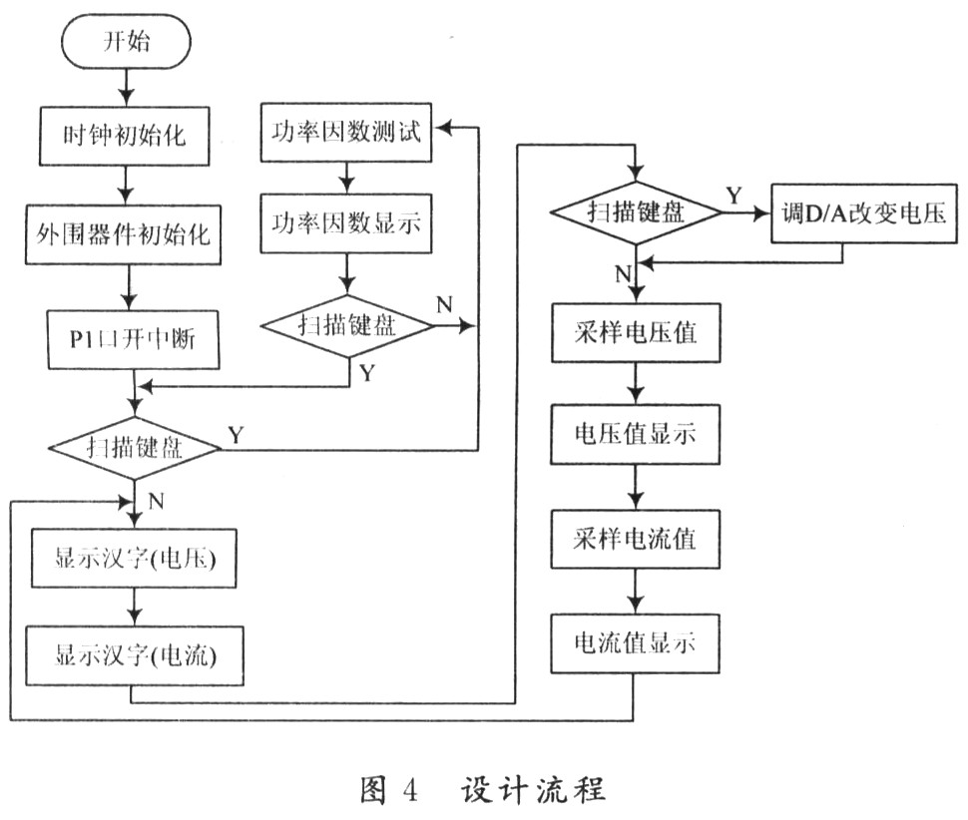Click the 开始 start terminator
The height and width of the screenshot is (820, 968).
pyautogui.click(x=126, y=41)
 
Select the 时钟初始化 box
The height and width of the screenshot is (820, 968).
pyautogui.click(x=124, y=136)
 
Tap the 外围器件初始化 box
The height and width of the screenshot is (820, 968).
pyautogui.click(x=123, y=234)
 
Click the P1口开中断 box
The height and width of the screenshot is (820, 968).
pyautogui.click(x=134, y=339)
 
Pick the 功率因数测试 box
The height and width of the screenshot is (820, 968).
pyautogui.click(x=345, y=133)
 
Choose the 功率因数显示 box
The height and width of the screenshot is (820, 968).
pyautogui.click(x=345, y=223)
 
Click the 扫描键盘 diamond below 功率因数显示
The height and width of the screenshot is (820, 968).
pyautogui.click(x=347, y=325)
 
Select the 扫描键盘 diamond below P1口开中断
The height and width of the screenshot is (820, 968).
pyautogui.click(x=135, y=449)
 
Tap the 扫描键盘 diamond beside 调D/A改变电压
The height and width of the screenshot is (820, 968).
pyautogui.click(x=636, y=212)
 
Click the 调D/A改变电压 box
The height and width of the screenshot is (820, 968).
pyautogui.click(x=863, y=213)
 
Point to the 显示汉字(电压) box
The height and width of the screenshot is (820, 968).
pyautogui.click(x=134, y=558)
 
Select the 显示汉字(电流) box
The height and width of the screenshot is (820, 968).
pyautogui.click(x=135, y=655)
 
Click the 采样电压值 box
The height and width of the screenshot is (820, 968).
pyautogui.click(x=636, y=332)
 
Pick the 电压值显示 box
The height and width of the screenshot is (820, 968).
pyautogui.click(x=636, y=434)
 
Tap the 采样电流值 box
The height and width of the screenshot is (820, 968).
pyautogui.click(x=636, y=539)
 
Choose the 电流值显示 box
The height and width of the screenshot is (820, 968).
pyautogui.click(x=636, y=643)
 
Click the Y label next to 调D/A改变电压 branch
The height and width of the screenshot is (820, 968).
pyautogui.click(x=733, y=196)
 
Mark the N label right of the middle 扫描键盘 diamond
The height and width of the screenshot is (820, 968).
pyautogui.click(x=444, y=304)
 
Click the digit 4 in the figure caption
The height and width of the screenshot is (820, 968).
pyautogui.click(x=409, y=789)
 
